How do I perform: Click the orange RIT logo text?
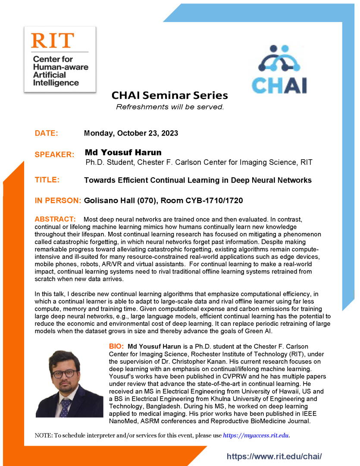click(x=53, y=41)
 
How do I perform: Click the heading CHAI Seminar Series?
click(x=169, y=95)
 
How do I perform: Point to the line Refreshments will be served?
click(x=170, y=107)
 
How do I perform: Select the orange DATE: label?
click(x=47, y=133)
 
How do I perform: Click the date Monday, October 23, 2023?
click(x=131, y=133)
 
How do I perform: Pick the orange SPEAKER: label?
click(x=54, y=154)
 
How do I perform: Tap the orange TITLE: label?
click(x=47, y=180)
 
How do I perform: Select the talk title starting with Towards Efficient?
click(x=197, y=180)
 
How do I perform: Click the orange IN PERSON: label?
click(x=58, y=201)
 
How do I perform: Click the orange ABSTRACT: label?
click(x=55, y=220)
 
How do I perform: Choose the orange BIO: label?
click(x=116, y=346)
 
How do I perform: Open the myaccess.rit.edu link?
click(x=256, y=435)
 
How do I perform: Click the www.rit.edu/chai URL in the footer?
click(x=274, y=456)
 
